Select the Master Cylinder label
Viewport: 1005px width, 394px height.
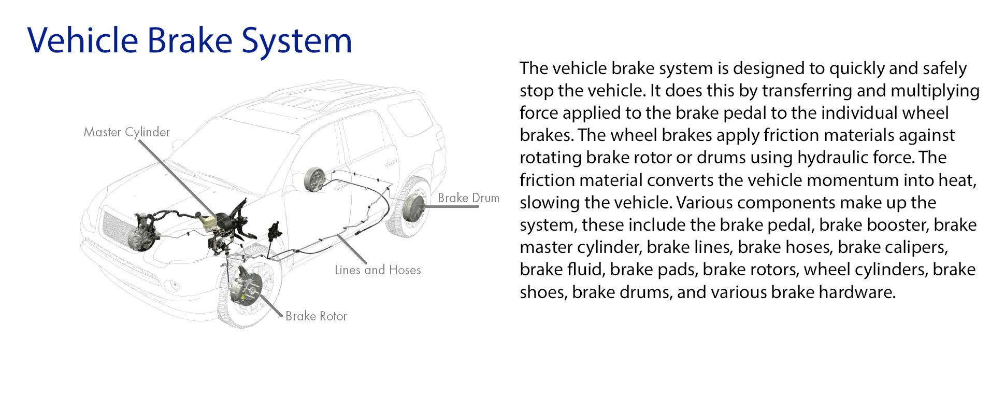point(126,132)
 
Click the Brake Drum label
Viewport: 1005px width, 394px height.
point(468,198)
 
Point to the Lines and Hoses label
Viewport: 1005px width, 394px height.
point(378,270)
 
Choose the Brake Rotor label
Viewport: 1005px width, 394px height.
point(316,316)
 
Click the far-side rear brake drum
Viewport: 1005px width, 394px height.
point(314,179)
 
